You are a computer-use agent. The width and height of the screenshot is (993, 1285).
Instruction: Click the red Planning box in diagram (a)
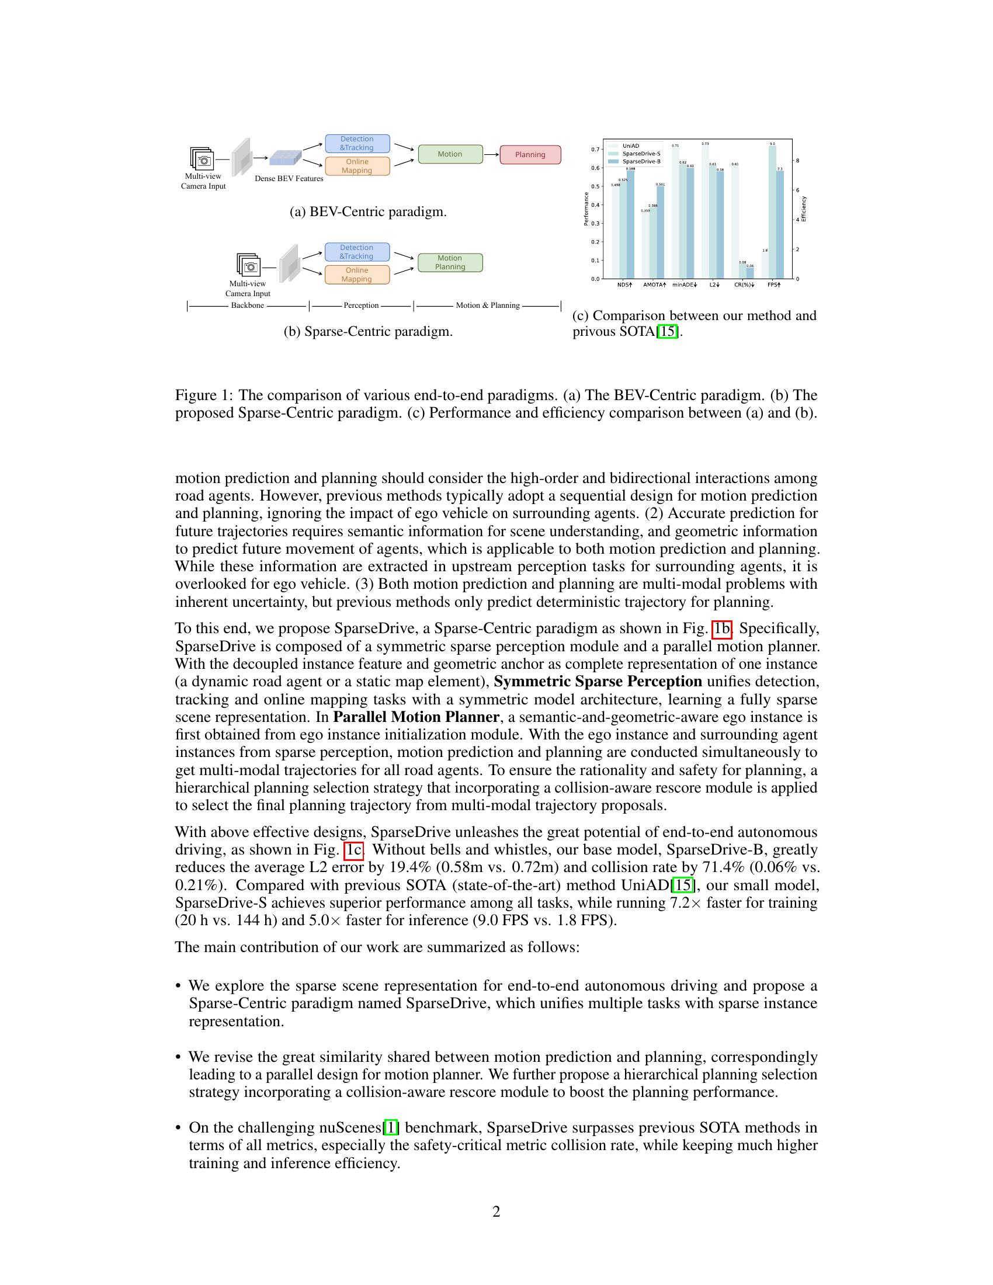click(530, 155)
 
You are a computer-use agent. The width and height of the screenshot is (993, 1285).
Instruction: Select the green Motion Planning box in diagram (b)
click(450, 262)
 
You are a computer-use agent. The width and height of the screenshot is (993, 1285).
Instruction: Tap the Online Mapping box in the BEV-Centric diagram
click(357, 166)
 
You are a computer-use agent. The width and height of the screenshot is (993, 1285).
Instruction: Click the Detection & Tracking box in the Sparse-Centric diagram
click(357, 252)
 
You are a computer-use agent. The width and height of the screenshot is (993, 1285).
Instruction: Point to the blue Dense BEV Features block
click(285, 157)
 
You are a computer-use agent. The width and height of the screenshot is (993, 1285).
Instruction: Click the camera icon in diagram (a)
click(202, 158)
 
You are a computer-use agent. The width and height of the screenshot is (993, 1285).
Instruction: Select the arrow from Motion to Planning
click(491, 154)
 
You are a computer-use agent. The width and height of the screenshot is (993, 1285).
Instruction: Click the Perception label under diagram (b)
click(361, 305)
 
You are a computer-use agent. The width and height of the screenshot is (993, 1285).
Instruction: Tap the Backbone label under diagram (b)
click(247, 305)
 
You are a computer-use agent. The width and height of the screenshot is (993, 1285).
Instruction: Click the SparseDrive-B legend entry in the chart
click(641, 161)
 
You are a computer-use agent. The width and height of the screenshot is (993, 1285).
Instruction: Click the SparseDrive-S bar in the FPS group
click(772, 212)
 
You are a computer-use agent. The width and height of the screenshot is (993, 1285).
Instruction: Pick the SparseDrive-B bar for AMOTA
click(660, 232)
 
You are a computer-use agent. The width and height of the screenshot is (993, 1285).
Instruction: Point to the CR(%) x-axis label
click(744, 285)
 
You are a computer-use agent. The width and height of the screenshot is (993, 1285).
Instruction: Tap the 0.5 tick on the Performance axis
click(595, 186)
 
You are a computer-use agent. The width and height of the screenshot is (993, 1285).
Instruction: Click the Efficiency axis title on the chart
click(804, 209)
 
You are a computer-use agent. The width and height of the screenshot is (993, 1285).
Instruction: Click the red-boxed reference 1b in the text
click(722, 629)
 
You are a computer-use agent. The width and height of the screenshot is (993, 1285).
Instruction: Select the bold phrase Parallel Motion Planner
click(416, 717)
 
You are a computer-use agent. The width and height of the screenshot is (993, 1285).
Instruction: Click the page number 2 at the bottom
click(496, 1211)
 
